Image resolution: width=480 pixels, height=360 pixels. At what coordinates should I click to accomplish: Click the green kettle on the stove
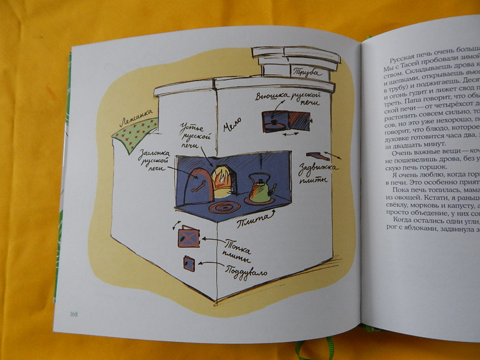(259, 189)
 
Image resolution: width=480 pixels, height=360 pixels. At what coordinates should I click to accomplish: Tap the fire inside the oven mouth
(222, 177)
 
